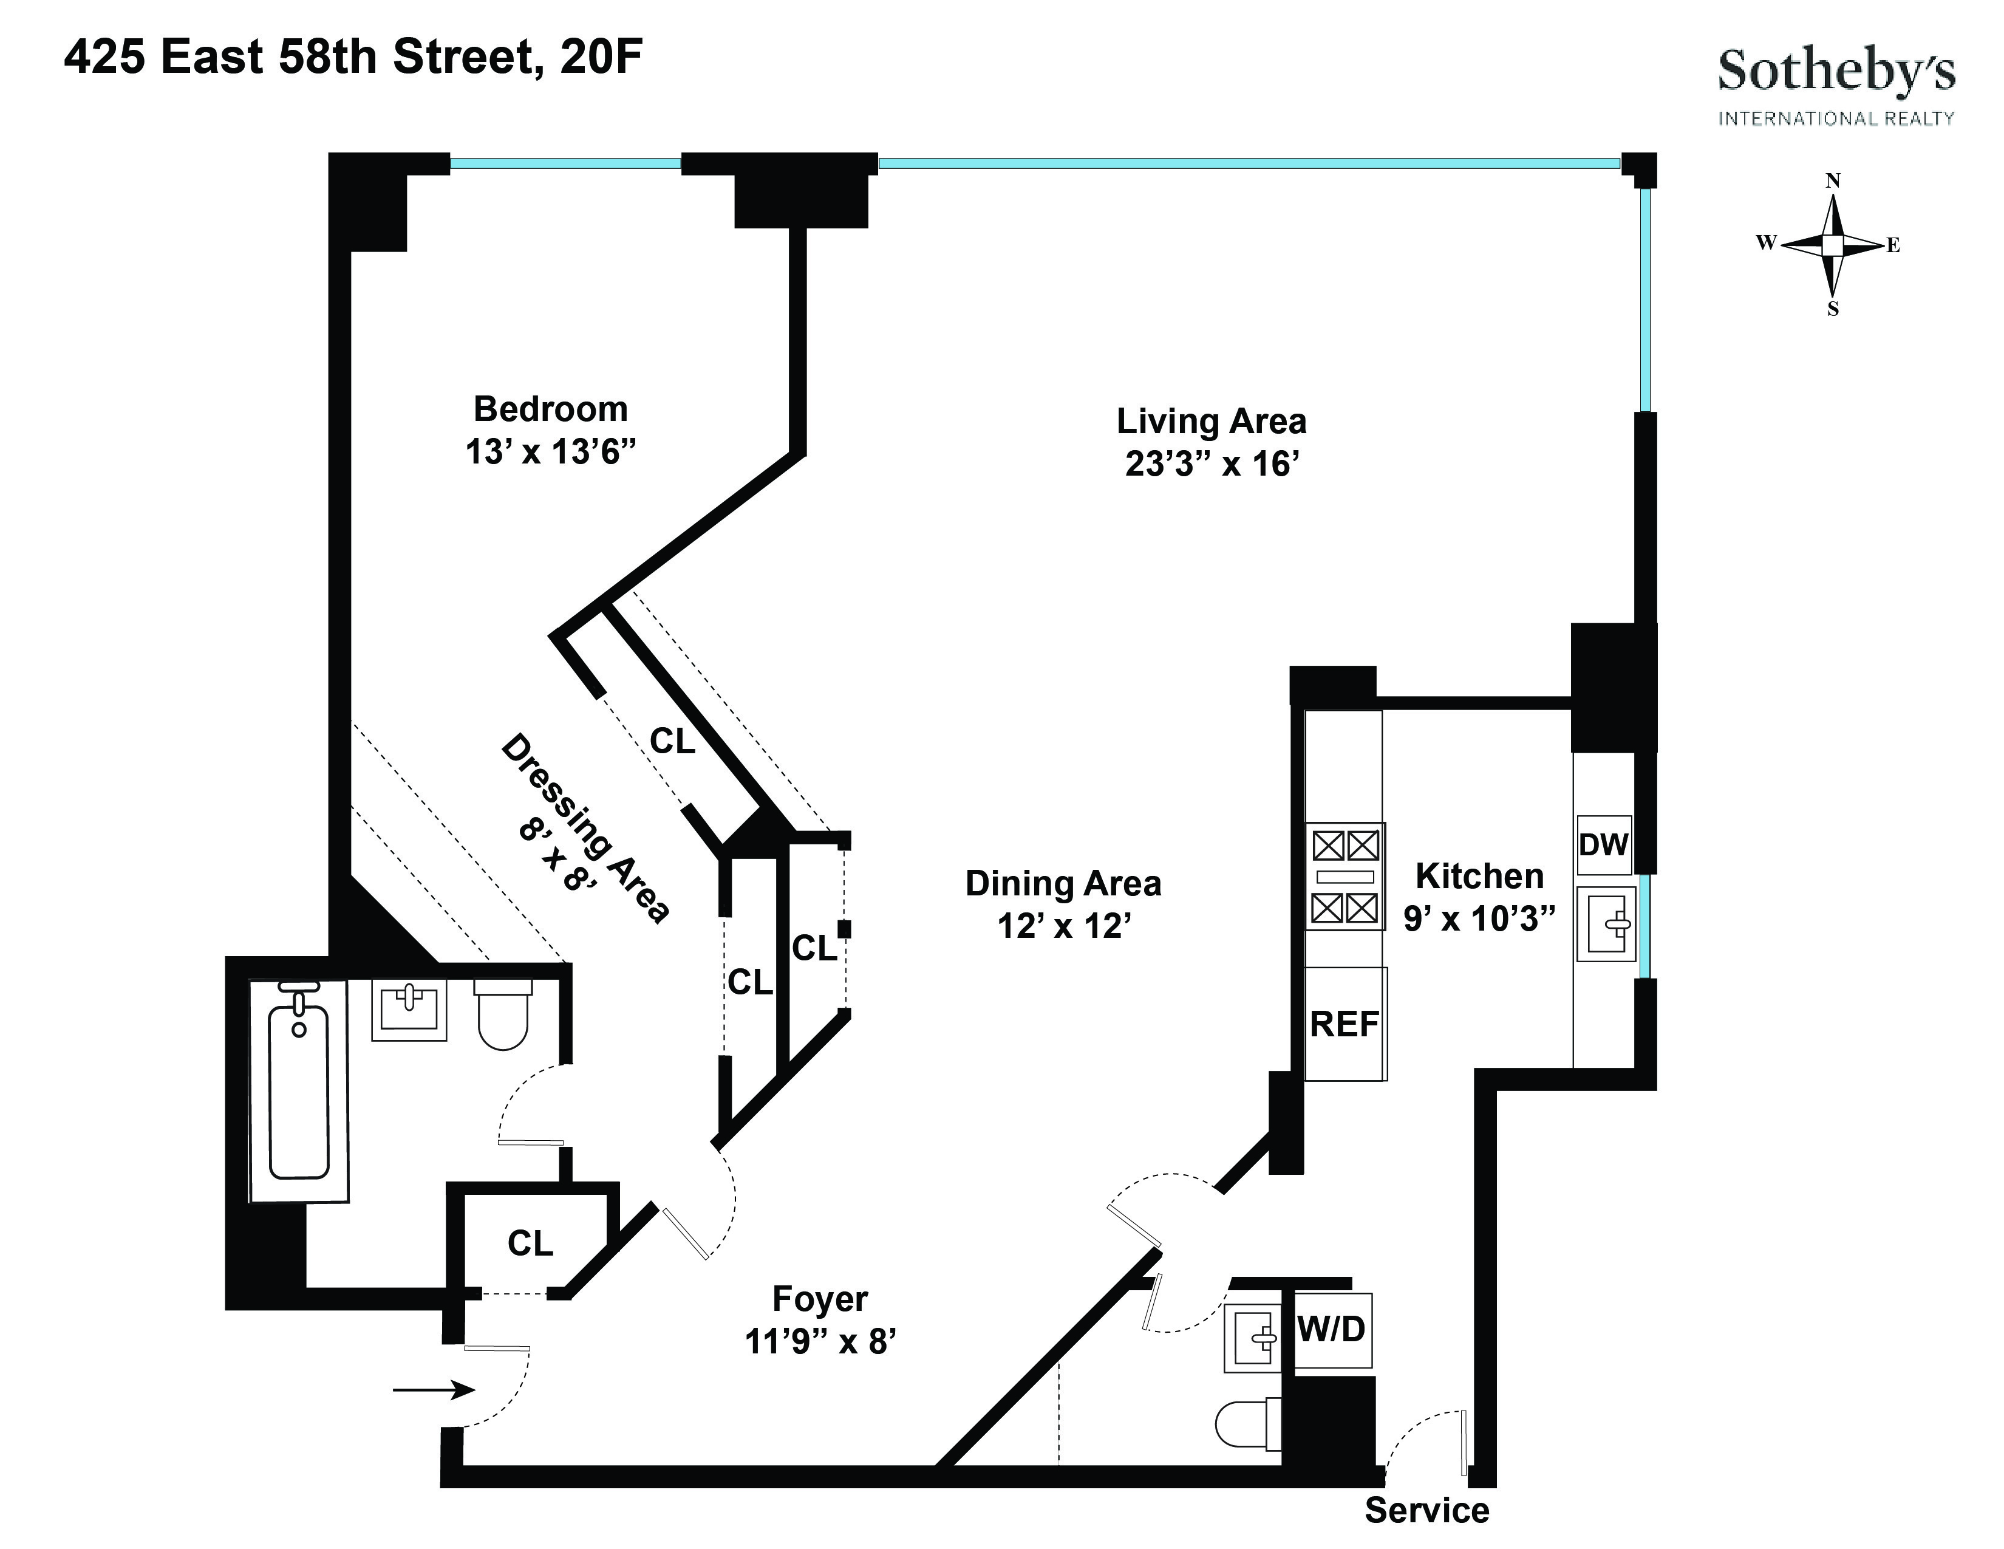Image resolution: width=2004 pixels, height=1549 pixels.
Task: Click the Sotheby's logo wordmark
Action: tap(1835, 72)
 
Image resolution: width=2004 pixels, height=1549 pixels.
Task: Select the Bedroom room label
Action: tap(551, 408)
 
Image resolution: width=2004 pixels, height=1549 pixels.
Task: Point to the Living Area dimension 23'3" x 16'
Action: tap(1212, 464)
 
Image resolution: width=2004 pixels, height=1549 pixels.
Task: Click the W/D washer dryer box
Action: tap(1331, 1328)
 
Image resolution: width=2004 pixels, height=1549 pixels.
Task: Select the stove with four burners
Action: tap(1345, 877)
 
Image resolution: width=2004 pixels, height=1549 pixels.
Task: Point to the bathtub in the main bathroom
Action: tap(298, 1092)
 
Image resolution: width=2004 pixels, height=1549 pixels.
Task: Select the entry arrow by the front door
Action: tap(433, 1390)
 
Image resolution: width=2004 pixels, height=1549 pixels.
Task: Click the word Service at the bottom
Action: tap(1427, 1510)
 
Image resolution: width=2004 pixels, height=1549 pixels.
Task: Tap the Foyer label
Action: tap(819, 1299)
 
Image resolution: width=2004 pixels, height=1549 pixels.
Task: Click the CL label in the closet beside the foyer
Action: tap(530, 1243)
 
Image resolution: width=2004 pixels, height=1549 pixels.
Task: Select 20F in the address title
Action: tap(601, 57)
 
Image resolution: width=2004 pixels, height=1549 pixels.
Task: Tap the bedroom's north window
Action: tap(565, 164)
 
